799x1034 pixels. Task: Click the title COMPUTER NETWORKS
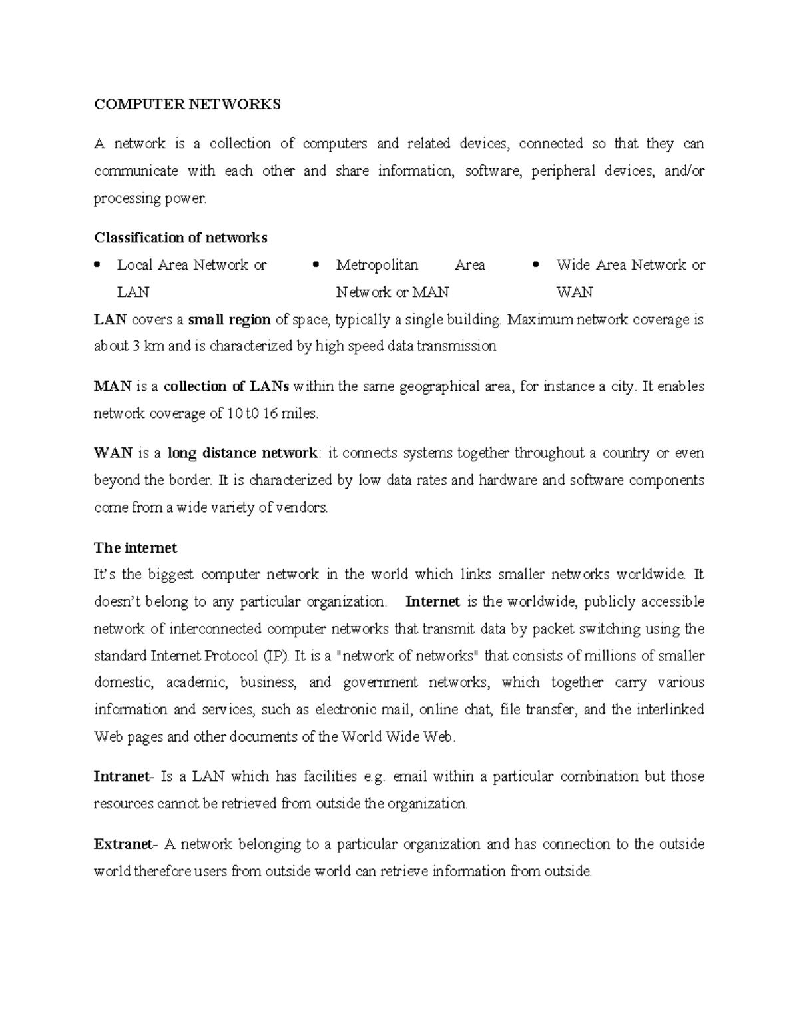(x=187, y=105)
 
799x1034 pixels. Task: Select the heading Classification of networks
(x=180, y=238)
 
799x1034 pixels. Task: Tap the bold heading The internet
(x=135, y=548)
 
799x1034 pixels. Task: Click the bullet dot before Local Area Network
(x=98, y=265)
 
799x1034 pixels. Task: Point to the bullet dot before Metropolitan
(x=317, y=265)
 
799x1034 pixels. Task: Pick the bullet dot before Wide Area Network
(x=537, y=265)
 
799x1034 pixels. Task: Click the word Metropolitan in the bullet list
(x=377, y=265)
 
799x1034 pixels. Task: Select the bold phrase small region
(x=229, y=320)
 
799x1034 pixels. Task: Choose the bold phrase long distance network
(x=242, y=453)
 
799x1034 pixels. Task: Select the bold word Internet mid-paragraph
(x=433, y=602)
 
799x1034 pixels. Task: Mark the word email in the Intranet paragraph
(x=411, y=777)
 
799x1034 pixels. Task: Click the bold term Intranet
(x=123, y=777)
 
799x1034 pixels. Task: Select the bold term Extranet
(x=124, y=844)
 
